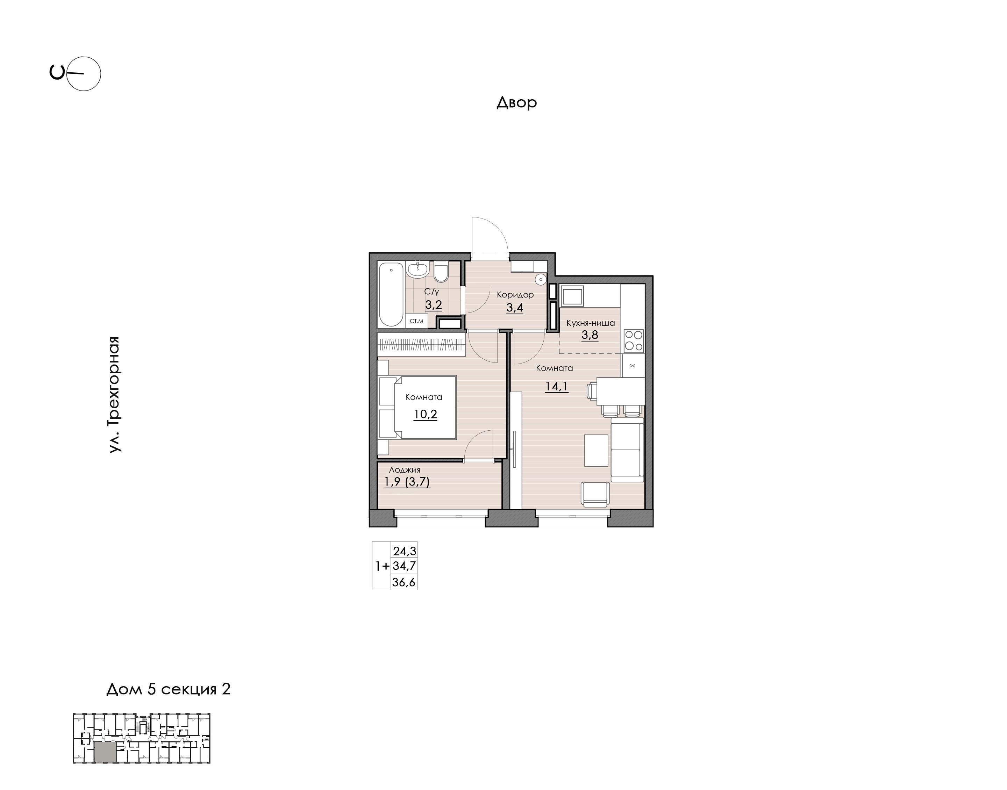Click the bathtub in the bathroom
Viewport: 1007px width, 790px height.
tap(391, 294)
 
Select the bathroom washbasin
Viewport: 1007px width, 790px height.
tap(418, 270)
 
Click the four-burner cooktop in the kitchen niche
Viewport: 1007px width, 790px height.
tap(633, 341)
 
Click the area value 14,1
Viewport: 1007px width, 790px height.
tap(556, 386)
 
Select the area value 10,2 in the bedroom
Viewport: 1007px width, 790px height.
tap(425, 414)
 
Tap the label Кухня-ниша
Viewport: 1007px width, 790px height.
tap(590, 323)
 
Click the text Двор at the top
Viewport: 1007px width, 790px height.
tap(517, 102)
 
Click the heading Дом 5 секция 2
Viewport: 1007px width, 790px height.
tap(169, 689)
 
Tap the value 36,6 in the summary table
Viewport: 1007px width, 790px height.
tap(404, 582)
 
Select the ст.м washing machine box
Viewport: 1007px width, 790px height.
tap(417, 321)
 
